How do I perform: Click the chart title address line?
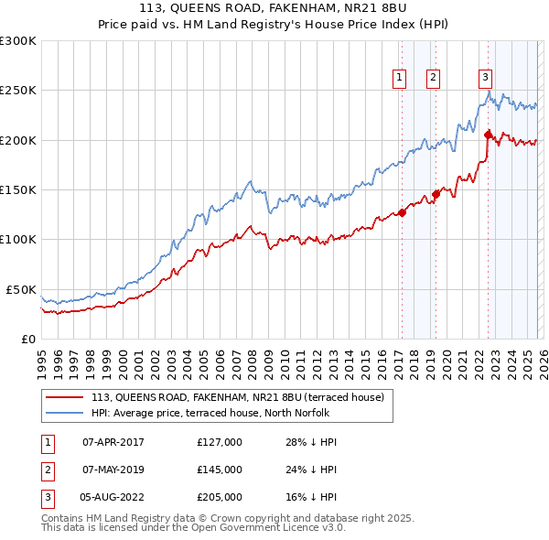point(274,8)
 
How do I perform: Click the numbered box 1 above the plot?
point(401,78)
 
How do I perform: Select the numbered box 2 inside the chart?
point(432,78)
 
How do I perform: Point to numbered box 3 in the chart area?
point(485,78)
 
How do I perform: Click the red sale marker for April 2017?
point(402,213)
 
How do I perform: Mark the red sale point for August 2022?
point(488,135)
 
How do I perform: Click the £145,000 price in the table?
point(220,470)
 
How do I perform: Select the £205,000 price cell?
point(220,497)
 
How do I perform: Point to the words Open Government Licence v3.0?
point(266,528)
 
